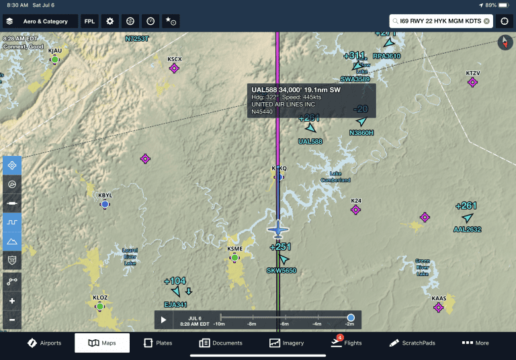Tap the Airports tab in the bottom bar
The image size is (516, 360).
point(44,343)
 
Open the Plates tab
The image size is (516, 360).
point(158,343)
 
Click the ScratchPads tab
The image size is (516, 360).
point(412,343)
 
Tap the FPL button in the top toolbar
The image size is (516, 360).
point(89,21)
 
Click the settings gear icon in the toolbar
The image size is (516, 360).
point(110,21)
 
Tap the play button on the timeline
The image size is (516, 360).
point(163,320)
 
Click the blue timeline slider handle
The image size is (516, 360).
point(351,318)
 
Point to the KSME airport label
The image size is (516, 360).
point(234,249)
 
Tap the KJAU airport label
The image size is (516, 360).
point(55,51)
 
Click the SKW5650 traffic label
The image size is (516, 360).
point(281,271)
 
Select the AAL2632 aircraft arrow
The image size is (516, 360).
point(468,218)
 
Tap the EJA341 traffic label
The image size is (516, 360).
point(175,304)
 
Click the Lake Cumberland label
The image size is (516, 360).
point(335,177)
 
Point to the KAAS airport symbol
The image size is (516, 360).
point(439,307)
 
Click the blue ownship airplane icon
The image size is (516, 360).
point(277,229)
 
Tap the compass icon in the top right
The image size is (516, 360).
point(505,43)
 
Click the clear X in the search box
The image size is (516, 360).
point(486,21)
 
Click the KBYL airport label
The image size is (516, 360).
point(105,195)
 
